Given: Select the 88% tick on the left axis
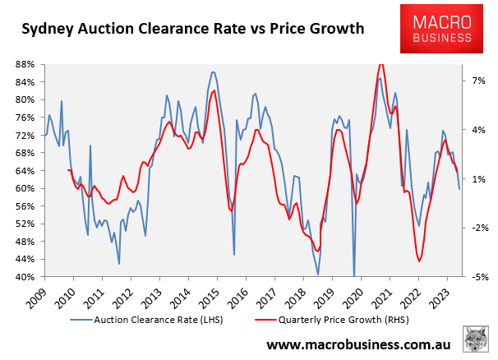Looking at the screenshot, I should (23, 64).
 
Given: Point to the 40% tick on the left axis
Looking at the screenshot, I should (23, 277).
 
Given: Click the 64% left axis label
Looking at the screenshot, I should (23, 171).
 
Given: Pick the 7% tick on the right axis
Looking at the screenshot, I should (477, 81).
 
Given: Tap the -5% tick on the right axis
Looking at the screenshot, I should (477, 277).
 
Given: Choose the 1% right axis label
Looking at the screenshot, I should (477, 179).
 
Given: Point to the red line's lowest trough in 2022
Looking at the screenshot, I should (419, 261).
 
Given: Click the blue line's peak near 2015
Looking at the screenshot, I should (213, 72).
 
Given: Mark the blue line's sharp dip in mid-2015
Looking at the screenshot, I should (234, 255).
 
